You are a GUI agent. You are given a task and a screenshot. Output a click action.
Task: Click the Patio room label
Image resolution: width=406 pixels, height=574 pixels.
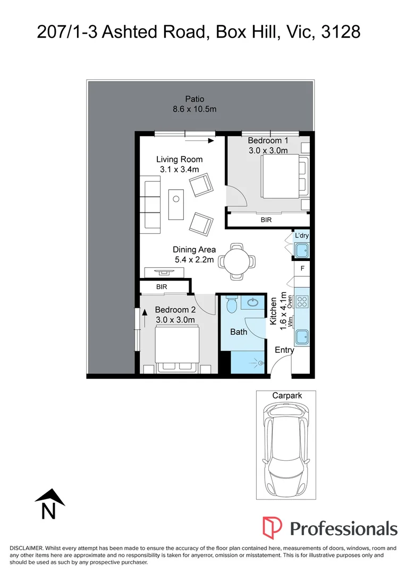pyautogui.click(x=194, y=99)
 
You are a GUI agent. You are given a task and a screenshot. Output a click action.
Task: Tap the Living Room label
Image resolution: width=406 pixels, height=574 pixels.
pyautogui.click(x=180, y=159)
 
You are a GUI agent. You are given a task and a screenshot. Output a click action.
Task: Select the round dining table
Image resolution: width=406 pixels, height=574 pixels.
pyautogui.click(x=237, y=261)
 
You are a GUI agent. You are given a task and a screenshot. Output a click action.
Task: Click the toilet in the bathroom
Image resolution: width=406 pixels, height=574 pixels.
pyautogui.click(x=231, y=305)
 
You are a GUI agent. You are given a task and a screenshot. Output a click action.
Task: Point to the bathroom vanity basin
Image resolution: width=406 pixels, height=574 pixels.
pyautogui.click(x=252, y=302)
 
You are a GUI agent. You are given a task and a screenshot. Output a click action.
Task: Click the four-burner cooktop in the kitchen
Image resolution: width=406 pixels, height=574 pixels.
pyautogui.click(x=302, y=302)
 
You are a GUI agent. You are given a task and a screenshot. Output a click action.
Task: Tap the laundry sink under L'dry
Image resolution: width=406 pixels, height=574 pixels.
pyautogui.click(x=302, y=251)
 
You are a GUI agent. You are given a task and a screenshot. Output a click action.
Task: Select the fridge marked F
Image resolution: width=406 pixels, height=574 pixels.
pyautogui.click(x=302, y=268)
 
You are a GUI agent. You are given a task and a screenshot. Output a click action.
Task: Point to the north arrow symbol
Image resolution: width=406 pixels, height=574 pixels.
pyautogui.click(x=49, y=504)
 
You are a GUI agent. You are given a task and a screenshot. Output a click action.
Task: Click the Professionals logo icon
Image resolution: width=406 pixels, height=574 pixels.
pyautogui.click(x=272, y=528)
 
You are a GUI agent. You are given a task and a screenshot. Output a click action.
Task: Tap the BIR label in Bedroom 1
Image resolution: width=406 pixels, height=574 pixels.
pyautogui.click(x=266, y=220)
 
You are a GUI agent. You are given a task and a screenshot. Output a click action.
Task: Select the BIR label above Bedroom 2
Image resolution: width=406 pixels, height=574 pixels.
pyautogui.click(x=162, y=287)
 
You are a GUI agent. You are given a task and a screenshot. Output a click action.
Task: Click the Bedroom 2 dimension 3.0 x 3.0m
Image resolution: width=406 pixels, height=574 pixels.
pyautogui.click(x=175, y=319)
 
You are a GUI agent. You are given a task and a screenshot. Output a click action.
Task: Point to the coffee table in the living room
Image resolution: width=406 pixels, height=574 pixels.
pyautogui.click(x=176, y=204)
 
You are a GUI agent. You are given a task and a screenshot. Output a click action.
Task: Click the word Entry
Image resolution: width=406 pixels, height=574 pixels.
pyautogui.click(x=284, y=350)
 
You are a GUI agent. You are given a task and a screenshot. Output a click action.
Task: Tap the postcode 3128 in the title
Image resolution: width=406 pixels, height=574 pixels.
pyautogui.click(x=341, y=32)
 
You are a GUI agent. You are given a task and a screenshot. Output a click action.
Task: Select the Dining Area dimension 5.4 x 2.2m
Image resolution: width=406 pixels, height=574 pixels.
pyautogui.click(x=194, y=260)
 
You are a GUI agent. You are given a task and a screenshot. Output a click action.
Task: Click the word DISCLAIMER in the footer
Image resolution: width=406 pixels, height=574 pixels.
pyautogui.click(x=26, y=548)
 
